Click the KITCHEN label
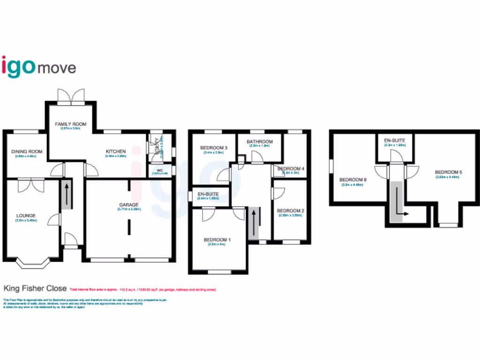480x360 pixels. point(115,151)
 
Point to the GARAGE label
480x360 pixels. point(129,205)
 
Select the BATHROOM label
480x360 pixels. point(260,142)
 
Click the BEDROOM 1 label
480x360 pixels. point(217,240)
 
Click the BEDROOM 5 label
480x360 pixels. point(449,172)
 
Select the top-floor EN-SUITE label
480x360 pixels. point(395,141)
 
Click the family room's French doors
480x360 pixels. point(71,97)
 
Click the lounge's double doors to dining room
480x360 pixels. point(28,185)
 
